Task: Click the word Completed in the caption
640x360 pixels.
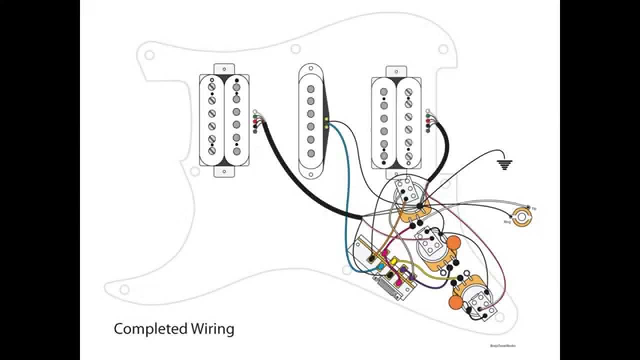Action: pyautogui.click(x=150, y=329)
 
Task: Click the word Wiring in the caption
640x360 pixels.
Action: pyautogui.click(x=212, y=329)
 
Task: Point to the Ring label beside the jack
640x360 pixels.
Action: pyautogui.click(x=507, y=220)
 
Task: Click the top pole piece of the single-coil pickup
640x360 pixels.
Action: pyautogui.click(x=311, y=89)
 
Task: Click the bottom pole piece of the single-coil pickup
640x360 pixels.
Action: pyautogui.click(x=311, y=153)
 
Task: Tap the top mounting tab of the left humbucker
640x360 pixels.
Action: pyautogui.click(x=224, y=68)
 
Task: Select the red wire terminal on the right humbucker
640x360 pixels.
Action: pyautogui.click(x=427, y=121)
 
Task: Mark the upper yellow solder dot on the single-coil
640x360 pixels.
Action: pyautogui.click(x=326, y=119)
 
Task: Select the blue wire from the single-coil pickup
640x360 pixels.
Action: pyautogui.click(x=345, y=200)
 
